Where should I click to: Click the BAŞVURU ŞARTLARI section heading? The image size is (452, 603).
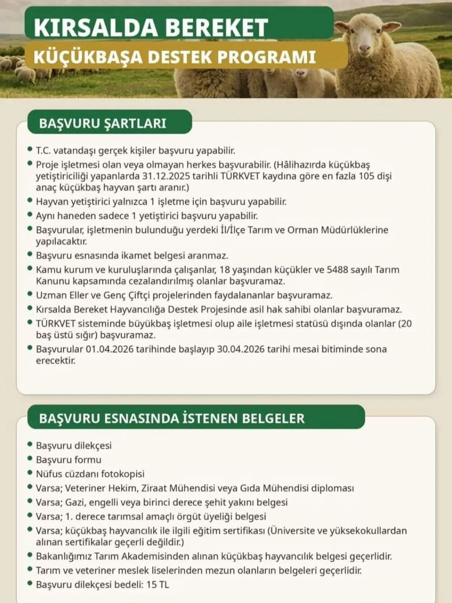[x=103, y=123]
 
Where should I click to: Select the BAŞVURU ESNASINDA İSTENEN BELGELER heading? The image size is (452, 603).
[x=172, y=418]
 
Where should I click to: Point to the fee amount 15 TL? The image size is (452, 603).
[x=158, y=584]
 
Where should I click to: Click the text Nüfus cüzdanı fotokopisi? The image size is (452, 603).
[x=90, y=474]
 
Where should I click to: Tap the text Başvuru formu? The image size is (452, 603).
[x=69, y=460]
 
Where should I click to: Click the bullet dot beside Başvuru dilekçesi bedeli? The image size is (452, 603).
[x=30, y=584]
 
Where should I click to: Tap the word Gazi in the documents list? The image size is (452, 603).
[x=75, y=502]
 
